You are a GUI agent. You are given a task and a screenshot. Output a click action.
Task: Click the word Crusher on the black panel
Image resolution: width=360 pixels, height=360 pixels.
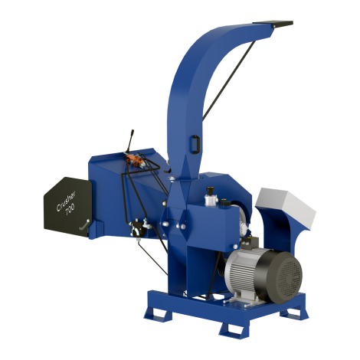click(x=66, y=201)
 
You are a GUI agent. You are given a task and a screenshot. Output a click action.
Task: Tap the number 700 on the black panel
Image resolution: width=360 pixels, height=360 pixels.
click(x=70, y=210)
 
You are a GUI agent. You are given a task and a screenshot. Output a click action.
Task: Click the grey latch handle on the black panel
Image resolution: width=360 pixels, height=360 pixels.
click(x=84, y=224)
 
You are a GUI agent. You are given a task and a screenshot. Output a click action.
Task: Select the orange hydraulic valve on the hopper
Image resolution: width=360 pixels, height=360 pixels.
click(x=134, y=160)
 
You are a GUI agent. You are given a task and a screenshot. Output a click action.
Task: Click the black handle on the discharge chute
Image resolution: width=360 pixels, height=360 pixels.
click(x=195, y=145)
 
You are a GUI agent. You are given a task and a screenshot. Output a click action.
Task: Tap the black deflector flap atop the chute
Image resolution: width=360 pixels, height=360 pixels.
click(x=273, y=24)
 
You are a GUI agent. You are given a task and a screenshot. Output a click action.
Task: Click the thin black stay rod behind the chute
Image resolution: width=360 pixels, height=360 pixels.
click(x=229, y=80)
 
